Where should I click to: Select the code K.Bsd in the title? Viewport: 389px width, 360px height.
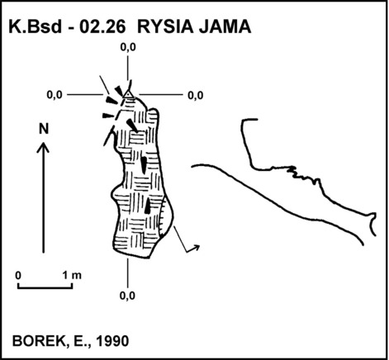(x=36, y=27)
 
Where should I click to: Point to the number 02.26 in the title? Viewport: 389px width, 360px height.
(x=102, y=27)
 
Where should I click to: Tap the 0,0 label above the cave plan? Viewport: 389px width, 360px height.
(x=128, y=47)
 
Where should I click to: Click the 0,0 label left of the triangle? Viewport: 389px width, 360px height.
(x=55, y=95)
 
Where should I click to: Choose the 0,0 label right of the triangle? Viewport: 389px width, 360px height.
(x=196, y=96)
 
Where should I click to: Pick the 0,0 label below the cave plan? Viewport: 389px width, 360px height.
(x=127, y=296)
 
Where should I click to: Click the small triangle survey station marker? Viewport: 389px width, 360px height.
(x=128, y=95)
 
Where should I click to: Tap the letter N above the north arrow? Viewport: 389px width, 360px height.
(x=44, y=129)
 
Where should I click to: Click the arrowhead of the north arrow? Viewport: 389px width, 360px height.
(x=43, y=147)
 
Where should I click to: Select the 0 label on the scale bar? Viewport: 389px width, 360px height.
(x=18, y=275)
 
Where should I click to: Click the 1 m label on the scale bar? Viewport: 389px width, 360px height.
(x=72, y=275)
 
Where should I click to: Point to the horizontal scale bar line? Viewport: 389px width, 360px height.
(x=45, y=288)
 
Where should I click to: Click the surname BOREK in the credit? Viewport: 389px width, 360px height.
(x=38, y=341)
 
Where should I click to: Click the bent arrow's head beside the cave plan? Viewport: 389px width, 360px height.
(x=196, y=247)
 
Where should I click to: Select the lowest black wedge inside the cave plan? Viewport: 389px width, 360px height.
(x=148, y=206)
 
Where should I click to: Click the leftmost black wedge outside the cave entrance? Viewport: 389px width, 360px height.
(x=107, y=116)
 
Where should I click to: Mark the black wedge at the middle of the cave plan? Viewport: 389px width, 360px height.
(x=144, y=165)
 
